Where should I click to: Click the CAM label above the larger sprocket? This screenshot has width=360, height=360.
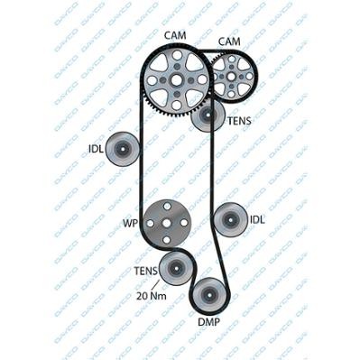[x=176, y=35]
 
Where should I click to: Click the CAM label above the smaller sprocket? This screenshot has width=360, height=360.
[x=230, y=42]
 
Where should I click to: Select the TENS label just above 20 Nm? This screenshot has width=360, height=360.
[x=146, y=270]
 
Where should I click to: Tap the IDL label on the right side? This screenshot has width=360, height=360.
[x=257, y=218]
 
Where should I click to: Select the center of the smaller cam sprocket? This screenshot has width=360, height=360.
[x=231, y=78]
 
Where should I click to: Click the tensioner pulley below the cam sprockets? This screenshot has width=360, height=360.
[x=208, y=115]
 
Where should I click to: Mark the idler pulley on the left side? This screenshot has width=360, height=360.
[x=122, y=149]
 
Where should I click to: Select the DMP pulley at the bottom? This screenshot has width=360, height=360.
[x=209, y=293]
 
